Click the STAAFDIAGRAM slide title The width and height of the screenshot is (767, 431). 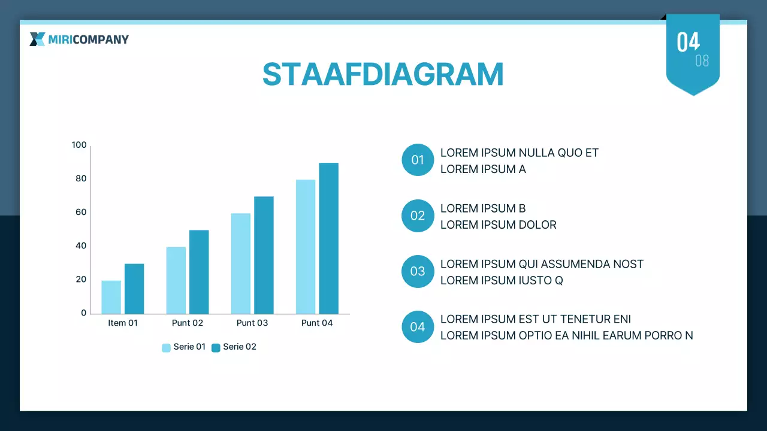[383, 74]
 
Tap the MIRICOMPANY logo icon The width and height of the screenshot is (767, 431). [37, 40]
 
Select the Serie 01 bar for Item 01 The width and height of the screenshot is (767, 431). [111, 298]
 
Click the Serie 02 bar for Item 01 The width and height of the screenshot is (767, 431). [134, 289]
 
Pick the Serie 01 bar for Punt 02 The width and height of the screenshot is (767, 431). [176, 281]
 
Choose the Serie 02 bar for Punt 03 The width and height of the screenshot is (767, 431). [264, 255]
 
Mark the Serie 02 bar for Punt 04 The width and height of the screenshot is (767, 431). [329, 238]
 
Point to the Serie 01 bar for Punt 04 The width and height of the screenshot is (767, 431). [306, 247]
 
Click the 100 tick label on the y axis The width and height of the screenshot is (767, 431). [79, 145]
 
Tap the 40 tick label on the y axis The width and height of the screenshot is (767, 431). [81, 245]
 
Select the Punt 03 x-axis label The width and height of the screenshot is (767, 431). [252, 323]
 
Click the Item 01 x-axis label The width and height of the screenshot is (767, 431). [123, 323]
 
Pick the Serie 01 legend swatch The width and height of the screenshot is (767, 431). [166, 348]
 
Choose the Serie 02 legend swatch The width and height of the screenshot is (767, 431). [216, 348]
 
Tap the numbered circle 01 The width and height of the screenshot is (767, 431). [418, 160]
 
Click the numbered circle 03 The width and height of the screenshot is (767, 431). [418, 271]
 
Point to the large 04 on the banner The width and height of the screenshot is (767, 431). [689, 42]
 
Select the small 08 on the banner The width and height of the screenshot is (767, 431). [702, 61]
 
